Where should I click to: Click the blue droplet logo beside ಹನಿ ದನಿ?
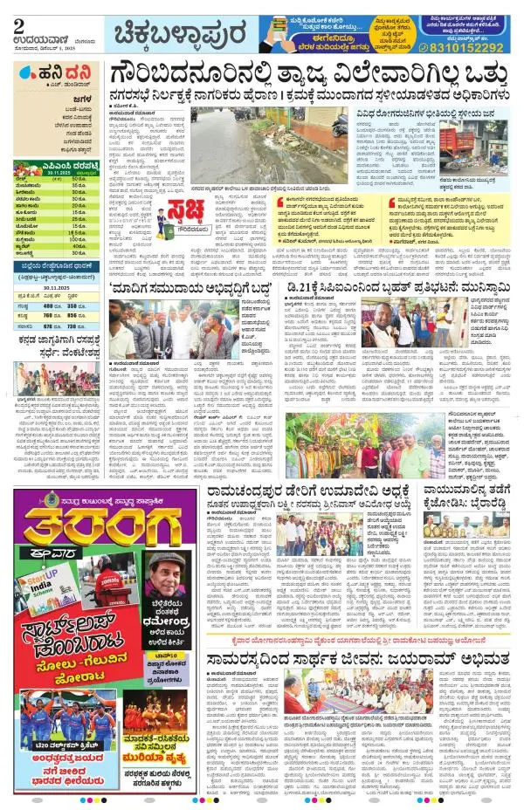(26, 85)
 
